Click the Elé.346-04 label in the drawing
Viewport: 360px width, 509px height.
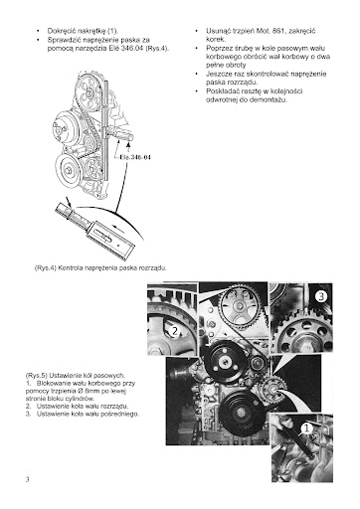point(135,157)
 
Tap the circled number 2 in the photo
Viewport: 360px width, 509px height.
point(175,330)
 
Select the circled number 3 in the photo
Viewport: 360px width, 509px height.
point(320,296)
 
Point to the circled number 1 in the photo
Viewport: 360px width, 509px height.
point(306,428)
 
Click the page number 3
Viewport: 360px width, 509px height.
point(28,479)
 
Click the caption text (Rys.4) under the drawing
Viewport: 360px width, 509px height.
point(46,267)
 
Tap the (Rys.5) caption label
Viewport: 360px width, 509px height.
point(37,376)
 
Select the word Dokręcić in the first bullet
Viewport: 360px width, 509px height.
point(62,31)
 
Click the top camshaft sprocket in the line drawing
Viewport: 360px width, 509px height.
point(89,92)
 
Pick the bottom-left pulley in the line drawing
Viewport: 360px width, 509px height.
point(69,168)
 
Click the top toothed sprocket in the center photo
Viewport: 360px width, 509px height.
point(240,306)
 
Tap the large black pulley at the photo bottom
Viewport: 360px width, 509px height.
point(241,412)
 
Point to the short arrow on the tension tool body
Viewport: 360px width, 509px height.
point(119,229)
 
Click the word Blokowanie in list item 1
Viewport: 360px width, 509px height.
point(52,383)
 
